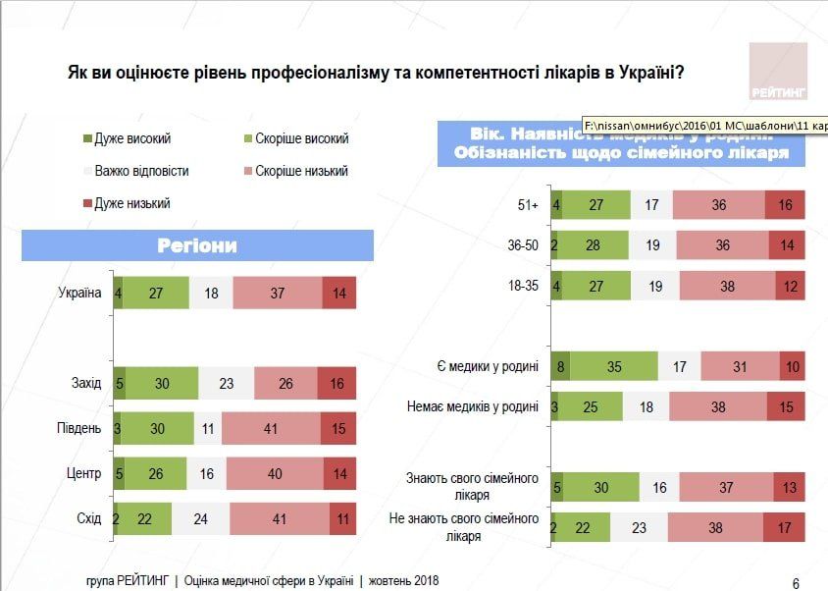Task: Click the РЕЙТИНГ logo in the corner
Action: pos(777,72)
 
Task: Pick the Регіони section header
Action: pos(197,245)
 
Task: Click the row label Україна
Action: pos(79,293)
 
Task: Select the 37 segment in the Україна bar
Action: pos(276,293)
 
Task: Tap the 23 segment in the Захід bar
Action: pos(226,383)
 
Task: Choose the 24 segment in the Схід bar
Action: pos(200,518)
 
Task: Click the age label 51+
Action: pos(528,205)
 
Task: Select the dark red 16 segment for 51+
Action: pos(784,205)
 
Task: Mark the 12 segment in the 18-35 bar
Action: pos(788,286)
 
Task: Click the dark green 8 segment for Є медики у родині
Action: pos(559,366)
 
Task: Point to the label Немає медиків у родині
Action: pos(473,406)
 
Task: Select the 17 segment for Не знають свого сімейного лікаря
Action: pos(784,527)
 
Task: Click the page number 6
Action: pos(795,582)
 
